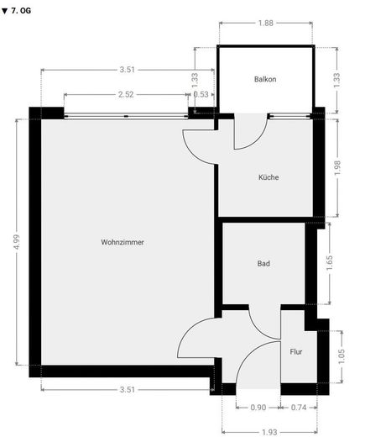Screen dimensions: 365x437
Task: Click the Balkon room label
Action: click(265, 79)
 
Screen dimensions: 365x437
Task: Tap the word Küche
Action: click(269, 177)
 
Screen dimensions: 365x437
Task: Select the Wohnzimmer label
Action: click(123, 242)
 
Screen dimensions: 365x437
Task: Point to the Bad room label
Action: click(263, 263)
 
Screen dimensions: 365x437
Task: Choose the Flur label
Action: click(296, 351)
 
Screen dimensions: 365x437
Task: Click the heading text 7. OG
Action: click(21, 11)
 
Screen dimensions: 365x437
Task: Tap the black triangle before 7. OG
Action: click(4, 11)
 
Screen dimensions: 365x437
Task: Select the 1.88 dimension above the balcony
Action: click(265, 23)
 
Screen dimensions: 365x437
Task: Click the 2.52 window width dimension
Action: click(126, 94)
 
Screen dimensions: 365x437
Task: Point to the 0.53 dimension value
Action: click(201, 94)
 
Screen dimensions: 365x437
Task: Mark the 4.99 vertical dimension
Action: click(17, 242)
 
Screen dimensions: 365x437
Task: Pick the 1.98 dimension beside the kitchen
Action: click(337, 168)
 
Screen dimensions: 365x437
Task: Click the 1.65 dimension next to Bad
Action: click(330, 263)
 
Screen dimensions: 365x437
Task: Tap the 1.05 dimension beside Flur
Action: click(342, 356)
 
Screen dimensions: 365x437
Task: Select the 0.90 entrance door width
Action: click(258, 408)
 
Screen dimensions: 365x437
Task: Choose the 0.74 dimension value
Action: click(299, 408)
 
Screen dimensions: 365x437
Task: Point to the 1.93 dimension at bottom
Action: click(269, 432)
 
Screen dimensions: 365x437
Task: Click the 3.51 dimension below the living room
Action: click(128, 389)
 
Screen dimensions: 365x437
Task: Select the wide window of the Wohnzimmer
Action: click(126, 116)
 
